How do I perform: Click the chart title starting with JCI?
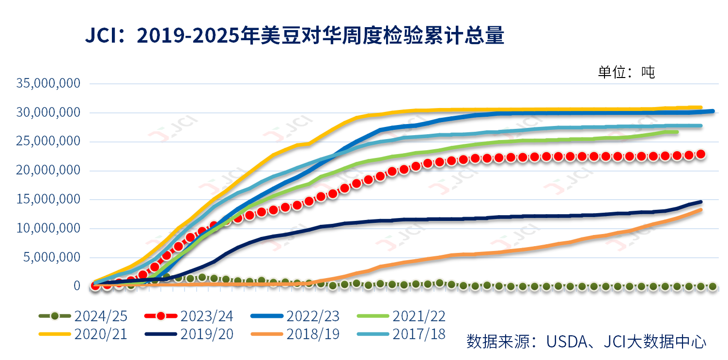pyautogui.click(x=294, y=36)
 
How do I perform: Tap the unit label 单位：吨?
pyautogui.click(x=626, y=72)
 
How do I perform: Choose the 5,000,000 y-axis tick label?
pyautogui.click(x=52, y=257)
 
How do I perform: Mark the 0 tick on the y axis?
pyautogui.click(x=77, y=286)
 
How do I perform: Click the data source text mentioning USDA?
pyautogui.click(x=586, y=341)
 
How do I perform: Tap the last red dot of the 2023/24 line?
pyautogui.click(x=700, y=154)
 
